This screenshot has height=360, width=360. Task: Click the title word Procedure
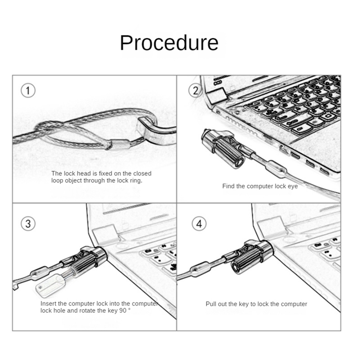pyautogui.click(x=169, y=43)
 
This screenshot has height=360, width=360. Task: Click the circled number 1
pyautogui.click(x=28, y=91)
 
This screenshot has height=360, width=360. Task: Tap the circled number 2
pyautogui.click(x=195, y=91)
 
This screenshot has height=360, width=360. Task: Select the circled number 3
pyautogui.click(x=28, y=223)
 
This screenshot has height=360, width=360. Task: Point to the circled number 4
pyautogui.click(x=198, y=223)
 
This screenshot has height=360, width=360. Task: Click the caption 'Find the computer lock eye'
pyautogui.click(x=260, y=186)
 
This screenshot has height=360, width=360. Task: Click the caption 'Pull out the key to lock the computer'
pyautogui.click(x=256, y=304)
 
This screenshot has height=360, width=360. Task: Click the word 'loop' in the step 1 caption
pyautogui.click(x=58, y=180)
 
